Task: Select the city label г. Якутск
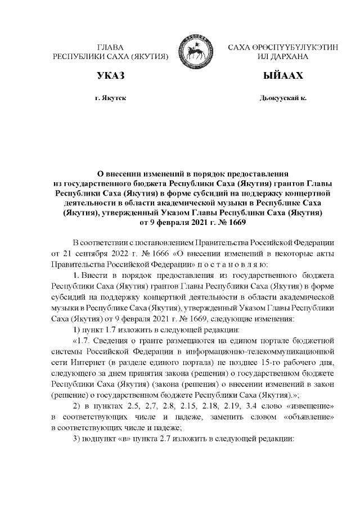110,98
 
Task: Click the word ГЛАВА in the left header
110,48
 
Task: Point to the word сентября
80,253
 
